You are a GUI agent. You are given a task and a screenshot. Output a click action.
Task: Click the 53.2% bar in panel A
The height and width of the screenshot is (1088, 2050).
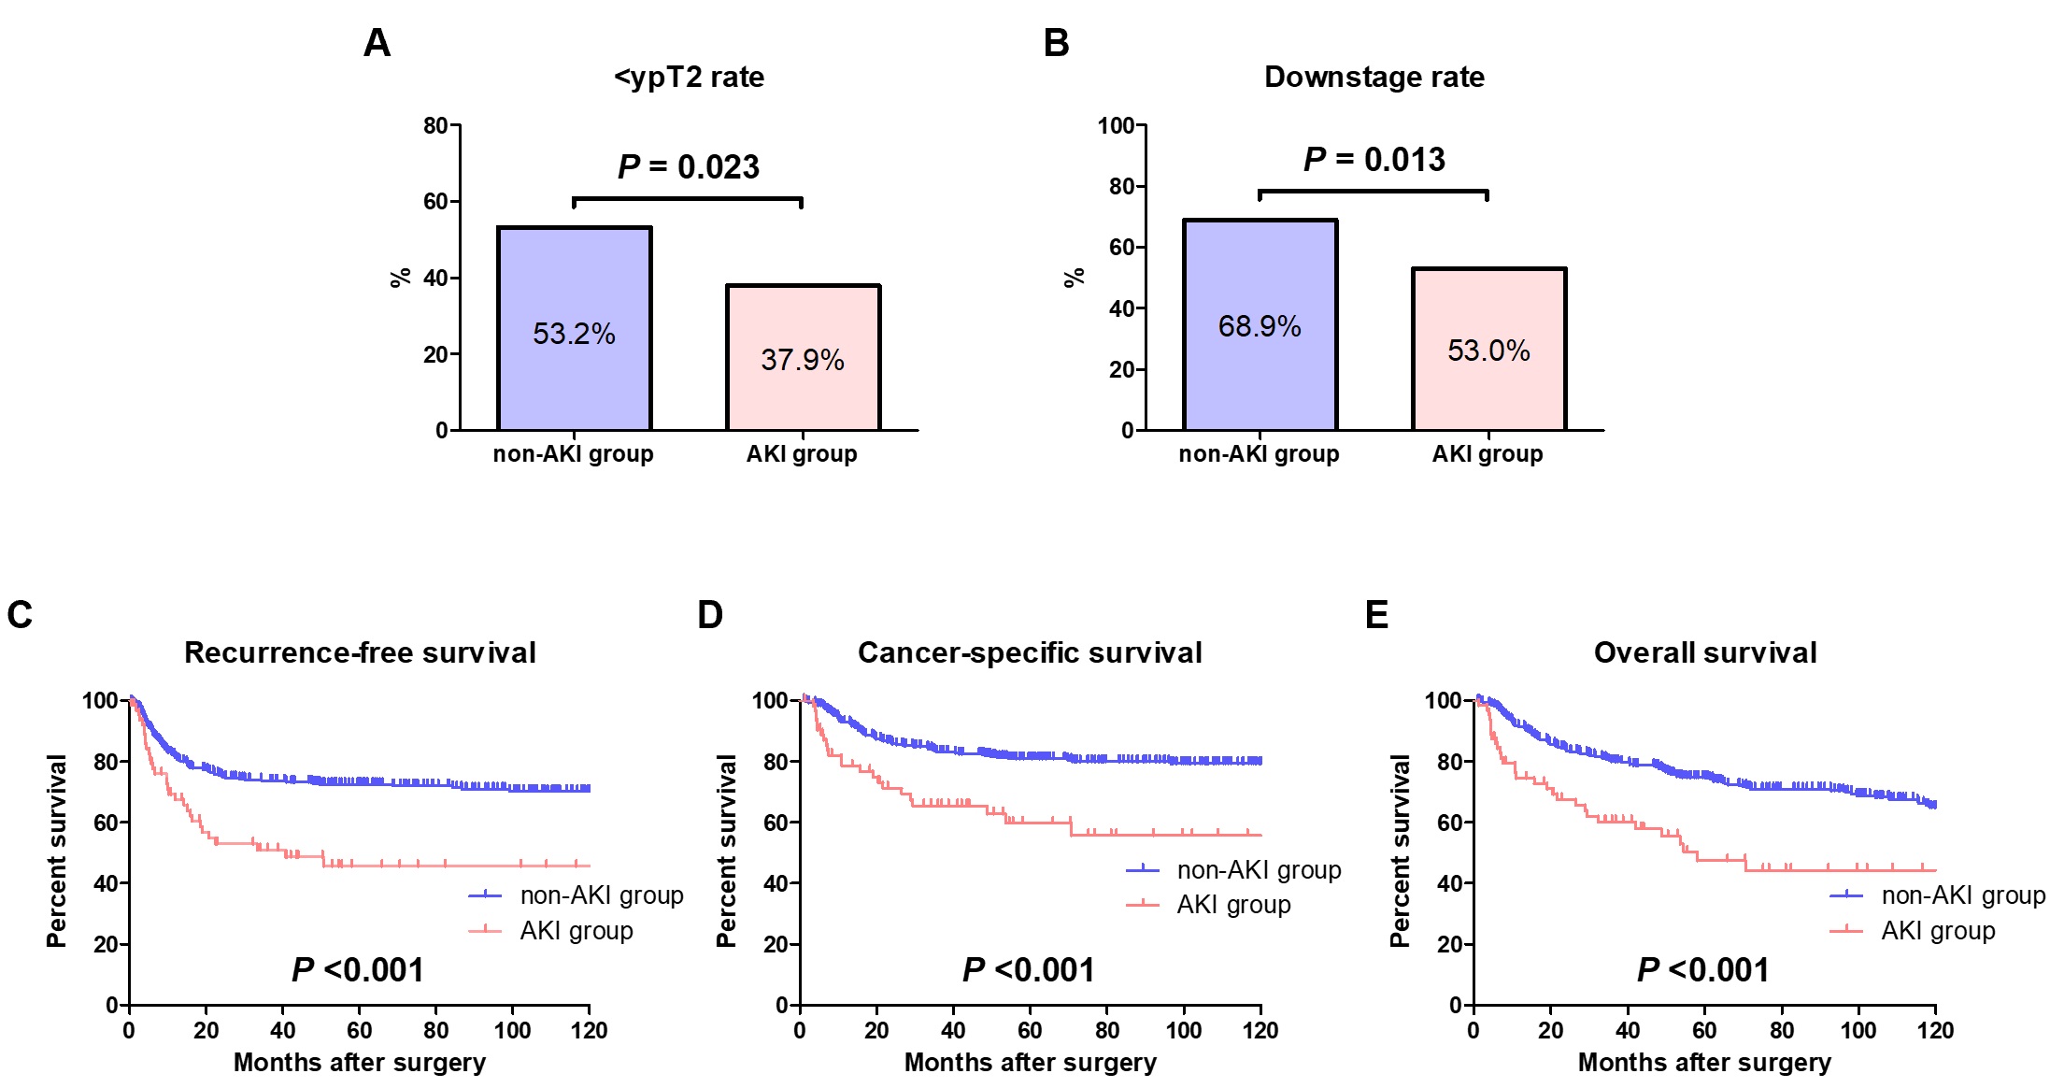574,328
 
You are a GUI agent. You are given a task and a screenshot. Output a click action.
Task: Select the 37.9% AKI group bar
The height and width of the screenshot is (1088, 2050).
803,357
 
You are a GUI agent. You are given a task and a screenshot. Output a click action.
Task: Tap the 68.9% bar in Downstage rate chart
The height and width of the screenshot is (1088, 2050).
1260,324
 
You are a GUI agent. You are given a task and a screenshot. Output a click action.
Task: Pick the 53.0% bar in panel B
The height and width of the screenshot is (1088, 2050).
1488,349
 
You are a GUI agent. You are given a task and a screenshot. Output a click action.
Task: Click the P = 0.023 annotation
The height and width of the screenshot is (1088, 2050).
689,167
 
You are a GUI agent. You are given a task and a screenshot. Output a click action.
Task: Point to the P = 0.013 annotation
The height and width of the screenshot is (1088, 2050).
1374,160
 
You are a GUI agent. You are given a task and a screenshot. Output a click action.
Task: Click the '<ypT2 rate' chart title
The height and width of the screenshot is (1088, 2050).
689,77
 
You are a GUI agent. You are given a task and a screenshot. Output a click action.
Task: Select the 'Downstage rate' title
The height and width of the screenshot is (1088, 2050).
1374,77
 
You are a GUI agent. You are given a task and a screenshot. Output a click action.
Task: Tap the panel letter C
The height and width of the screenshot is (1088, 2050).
20,615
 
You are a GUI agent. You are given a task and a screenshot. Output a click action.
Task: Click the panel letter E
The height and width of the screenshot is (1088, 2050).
1376,615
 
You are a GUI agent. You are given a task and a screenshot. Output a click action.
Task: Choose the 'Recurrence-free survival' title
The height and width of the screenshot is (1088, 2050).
360,652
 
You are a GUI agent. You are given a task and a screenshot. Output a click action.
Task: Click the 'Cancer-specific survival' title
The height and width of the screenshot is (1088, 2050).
1030,652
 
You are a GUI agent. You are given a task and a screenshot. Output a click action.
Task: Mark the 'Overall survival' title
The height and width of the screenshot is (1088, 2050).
1705,652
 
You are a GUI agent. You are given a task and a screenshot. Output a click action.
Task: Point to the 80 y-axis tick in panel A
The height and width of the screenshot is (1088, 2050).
435,125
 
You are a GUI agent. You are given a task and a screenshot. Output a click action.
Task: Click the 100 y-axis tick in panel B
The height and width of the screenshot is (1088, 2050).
1116,125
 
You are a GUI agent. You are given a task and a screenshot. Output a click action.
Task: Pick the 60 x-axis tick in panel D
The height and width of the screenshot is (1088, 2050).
1030,1030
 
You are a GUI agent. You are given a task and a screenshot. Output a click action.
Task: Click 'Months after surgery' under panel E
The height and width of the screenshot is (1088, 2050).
1704,1063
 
